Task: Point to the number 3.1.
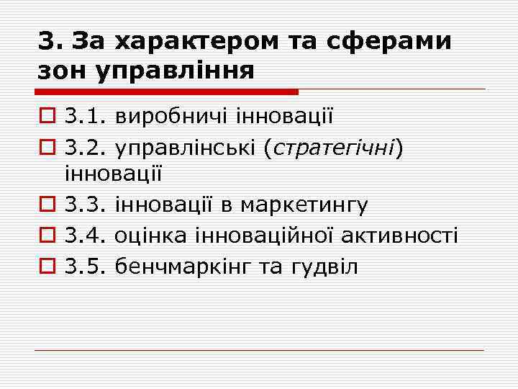point(84,115)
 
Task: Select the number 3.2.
point(84,146)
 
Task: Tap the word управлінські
point(186,146)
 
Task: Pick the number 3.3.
point(84,205)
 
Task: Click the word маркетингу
point(304,205)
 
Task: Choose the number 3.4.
point(84,236)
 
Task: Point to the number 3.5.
point(84,266)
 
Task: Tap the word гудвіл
point(324,266)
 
